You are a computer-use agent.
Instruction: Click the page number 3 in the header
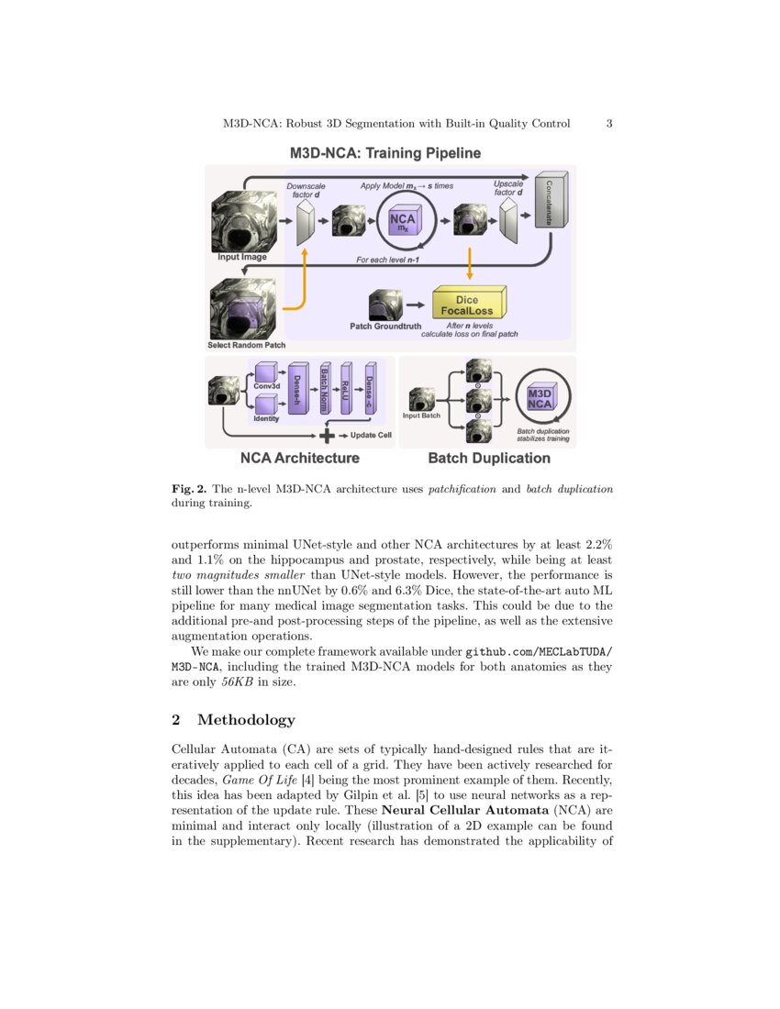tap(609, 124)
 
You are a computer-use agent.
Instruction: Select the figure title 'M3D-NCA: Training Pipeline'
tap(385, 152)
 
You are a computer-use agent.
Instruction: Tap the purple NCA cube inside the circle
tap(402, 222)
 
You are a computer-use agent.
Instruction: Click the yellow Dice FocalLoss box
tap(467, 305)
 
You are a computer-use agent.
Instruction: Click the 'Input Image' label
tap(242, 258)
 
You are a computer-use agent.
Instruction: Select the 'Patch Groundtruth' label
tap(385, 326)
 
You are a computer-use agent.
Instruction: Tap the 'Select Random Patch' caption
tap(247, 345)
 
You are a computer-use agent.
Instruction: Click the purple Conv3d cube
tap(266, 372)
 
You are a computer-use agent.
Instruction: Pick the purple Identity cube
tap(266, 405)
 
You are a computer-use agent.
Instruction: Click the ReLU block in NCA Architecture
tap(347, 389)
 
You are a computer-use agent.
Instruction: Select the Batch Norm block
tap(324, 389)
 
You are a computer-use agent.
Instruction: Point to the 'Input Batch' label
tap(422, 416)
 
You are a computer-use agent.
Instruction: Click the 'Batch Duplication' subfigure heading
tap(489, 458)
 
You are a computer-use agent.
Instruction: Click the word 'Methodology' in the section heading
tap(246, 720)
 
